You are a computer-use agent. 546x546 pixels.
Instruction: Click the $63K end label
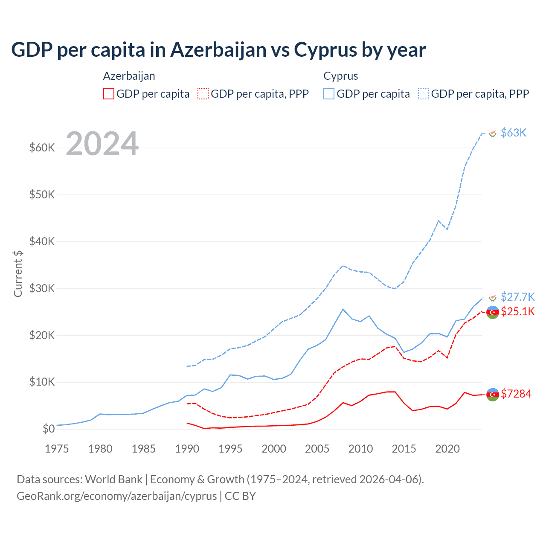(514, 133)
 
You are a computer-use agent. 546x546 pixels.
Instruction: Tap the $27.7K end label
(517, 297)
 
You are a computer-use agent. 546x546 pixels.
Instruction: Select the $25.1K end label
(517, 311)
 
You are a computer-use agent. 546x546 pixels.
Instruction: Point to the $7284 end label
(516, 394)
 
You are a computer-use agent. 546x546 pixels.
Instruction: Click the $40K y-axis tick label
(42, 241)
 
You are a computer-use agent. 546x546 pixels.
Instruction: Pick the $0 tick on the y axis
(49, 429)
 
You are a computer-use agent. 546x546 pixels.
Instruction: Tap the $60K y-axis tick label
(42, 148)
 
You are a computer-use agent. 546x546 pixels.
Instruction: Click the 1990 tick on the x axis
(187, 449)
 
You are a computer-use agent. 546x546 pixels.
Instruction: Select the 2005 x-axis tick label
(317, 449)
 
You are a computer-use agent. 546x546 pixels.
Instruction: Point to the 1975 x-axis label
(57, 449)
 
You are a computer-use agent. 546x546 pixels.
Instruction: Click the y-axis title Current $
(18, 273)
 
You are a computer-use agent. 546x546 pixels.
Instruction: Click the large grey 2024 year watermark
(102, 144)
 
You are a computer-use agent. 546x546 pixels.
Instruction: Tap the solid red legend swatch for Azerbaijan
(109, 94)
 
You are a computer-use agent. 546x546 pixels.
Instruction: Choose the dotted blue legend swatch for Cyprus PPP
(424, 94)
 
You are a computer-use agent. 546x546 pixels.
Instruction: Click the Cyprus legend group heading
(340, 76)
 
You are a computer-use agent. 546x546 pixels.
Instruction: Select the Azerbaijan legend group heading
(129, 76)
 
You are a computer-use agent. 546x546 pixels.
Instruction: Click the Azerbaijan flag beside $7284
(493, 395)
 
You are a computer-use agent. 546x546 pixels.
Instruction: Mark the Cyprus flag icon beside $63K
(493, 134)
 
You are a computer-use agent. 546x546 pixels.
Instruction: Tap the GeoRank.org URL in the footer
(116, 496)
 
